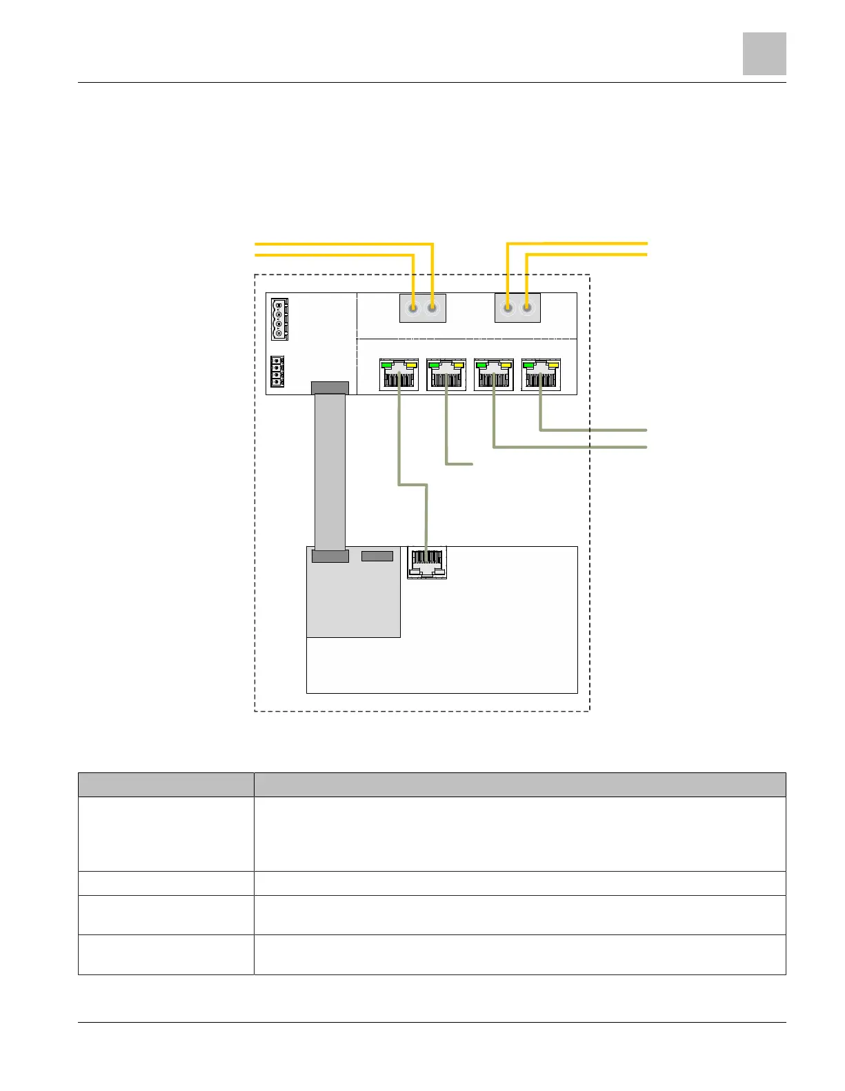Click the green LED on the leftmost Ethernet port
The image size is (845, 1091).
[x=387, y=364]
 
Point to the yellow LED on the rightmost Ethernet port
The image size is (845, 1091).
[x=553, y=364]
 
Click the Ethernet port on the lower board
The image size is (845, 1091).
[x=427, y=563]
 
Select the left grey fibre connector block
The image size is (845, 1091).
[x=423, y=308]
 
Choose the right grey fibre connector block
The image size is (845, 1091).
[x=517, y=308]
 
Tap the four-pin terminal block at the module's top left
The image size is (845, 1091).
[x=279, y=319]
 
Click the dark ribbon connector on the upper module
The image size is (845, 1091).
[x=330, y=388]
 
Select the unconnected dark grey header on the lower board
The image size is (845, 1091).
[x=377, y=556]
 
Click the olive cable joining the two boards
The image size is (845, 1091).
[x=412, y=485]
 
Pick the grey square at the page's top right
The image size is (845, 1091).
[x=764, y=54]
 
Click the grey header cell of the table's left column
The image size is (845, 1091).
[x=166, y=785]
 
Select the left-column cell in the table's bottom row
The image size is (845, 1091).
[x=166, y=954]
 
